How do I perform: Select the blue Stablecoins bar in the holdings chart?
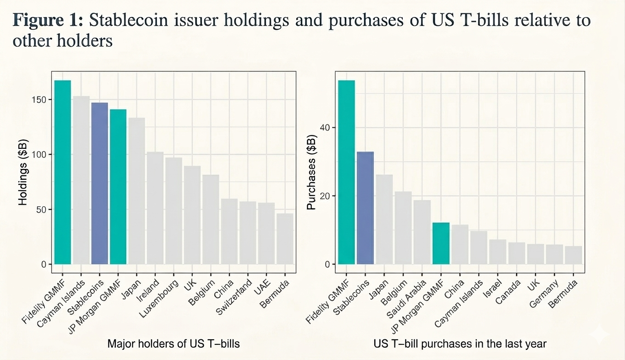100,183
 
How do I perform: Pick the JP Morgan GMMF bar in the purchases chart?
441,243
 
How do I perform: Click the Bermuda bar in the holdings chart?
285,239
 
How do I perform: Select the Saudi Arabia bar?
422,232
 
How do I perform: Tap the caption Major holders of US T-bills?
174,343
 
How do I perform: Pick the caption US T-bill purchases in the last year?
460,343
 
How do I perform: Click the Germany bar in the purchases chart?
554,254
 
